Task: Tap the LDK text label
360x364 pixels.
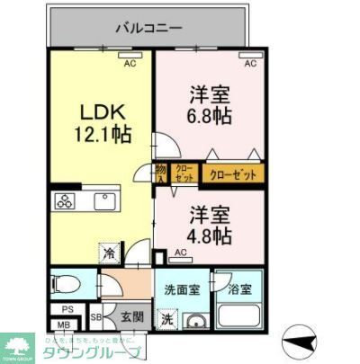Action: click(102, 114)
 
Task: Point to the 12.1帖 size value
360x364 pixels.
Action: click(102, 135)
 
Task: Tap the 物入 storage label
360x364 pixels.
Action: click(161, 172)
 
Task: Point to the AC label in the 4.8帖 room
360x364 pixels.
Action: click(182, 254)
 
